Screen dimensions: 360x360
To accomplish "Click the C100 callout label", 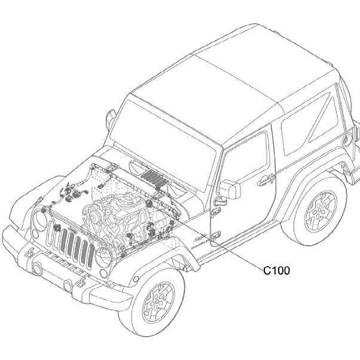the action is click(276, 270).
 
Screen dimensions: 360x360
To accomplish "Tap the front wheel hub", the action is click(158, 303).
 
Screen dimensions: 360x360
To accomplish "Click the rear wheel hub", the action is click(321, 212).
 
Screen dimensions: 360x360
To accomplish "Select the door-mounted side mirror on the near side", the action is click(230, 189).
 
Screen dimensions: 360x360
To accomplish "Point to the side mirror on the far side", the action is click(111, 118).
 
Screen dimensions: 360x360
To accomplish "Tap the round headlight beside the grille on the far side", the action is click(39, 218).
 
